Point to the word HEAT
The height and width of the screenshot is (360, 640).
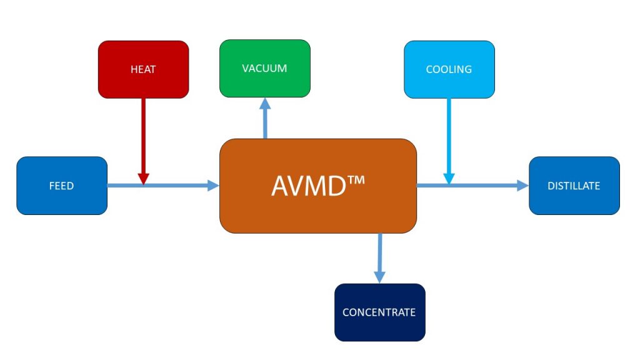tap(143, 69)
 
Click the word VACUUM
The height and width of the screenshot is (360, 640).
tap(264, 68)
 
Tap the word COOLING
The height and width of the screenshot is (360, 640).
tap(449, 69)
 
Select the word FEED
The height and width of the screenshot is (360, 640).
tap(62, 186)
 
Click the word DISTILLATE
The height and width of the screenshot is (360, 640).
tap(574, 186)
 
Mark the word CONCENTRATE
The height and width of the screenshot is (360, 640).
tap(379, 312)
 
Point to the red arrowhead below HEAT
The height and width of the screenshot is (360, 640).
tap(143, 179)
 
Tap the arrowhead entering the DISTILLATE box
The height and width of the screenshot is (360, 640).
tap(522, 186)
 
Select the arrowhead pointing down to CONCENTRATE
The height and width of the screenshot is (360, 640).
tap(379, 277)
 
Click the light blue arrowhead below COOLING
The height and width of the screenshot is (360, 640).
tap(449, 179)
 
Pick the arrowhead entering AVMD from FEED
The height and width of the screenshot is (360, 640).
tap(213, 186)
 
